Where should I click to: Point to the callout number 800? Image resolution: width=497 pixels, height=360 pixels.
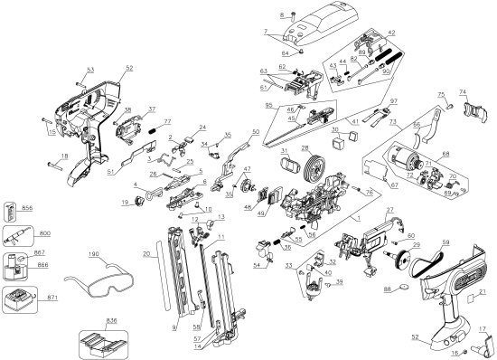[x=45, y=233]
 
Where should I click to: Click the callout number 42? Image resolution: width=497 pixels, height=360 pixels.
[x=391, y=33]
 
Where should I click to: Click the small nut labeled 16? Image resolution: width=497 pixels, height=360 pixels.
[x=457, y=350]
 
